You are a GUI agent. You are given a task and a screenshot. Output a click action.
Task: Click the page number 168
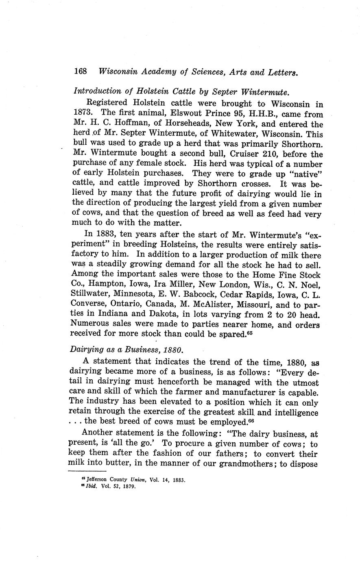coord(81,72)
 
